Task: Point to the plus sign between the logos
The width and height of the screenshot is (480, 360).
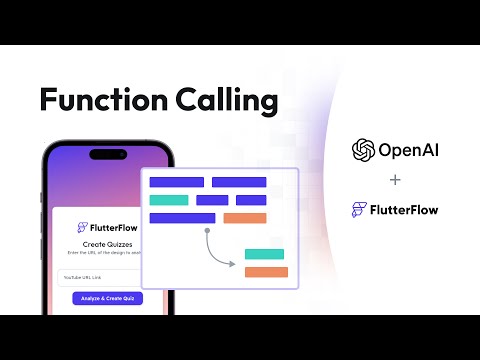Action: coord(395,181)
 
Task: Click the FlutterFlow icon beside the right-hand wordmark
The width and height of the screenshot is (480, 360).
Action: coord(359,210)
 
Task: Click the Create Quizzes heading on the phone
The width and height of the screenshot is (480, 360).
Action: coord(107,244)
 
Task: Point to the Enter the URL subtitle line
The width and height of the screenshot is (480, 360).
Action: coord(107,254)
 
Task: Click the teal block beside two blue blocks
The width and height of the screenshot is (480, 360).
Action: coord(168,200)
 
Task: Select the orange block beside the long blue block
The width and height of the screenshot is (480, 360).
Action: coord(245,218)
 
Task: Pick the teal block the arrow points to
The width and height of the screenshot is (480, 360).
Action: coord(264,254)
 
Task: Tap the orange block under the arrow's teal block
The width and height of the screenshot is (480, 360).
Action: coord(266,272)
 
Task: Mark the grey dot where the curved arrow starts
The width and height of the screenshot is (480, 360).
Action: coord(207,230)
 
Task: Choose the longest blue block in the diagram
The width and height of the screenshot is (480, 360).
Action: coord(182,218)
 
